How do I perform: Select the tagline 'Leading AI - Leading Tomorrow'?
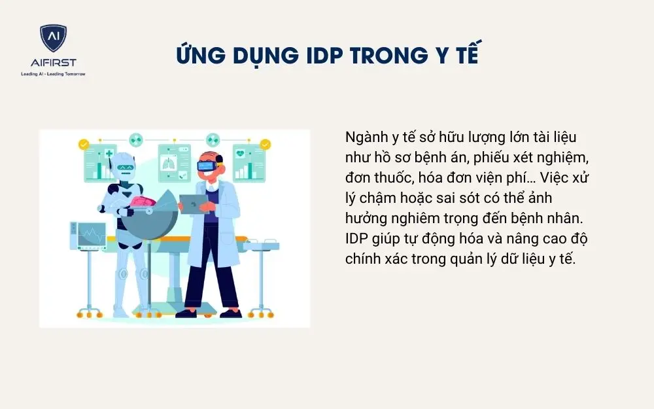point(54,73)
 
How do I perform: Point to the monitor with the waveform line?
point(88,236)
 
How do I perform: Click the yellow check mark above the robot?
point(84,143)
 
